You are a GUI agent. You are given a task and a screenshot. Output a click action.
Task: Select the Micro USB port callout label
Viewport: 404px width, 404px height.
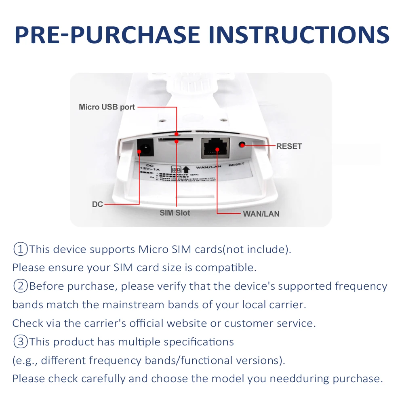coord(107,107)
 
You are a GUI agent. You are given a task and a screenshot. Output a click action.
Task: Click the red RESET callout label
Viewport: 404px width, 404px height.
coord(289,146)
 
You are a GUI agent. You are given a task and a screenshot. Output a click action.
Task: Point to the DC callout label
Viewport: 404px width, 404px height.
coord(97,204)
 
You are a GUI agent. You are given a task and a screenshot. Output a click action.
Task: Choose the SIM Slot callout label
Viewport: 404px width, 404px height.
coord(175,213)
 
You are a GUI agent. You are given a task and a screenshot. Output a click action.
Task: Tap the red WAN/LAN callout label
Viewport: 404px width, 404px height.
coord(261,214)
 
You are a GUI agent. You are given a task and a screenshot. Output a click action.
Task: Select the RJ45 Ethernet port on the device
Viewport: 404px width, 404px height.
coord(215,148)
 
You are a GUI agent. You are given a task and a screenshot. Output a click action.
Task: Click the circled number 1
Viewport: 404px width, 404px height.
coord(20,249)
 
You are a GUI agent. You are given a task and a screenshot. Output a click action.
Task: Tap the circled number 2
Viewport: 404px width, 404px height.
coord(20,286)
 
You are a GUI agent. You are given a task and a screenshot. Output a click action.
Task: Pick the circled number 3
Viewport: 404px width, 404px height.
coord(20,342)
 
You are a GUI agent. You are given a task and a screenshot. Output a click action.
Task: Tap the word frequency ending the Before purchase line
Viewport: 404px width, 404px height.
coord(361,286)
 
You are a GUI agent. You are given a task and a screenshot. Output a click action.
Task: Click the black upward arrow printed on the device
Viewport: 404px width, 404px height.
coord(186,169)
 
